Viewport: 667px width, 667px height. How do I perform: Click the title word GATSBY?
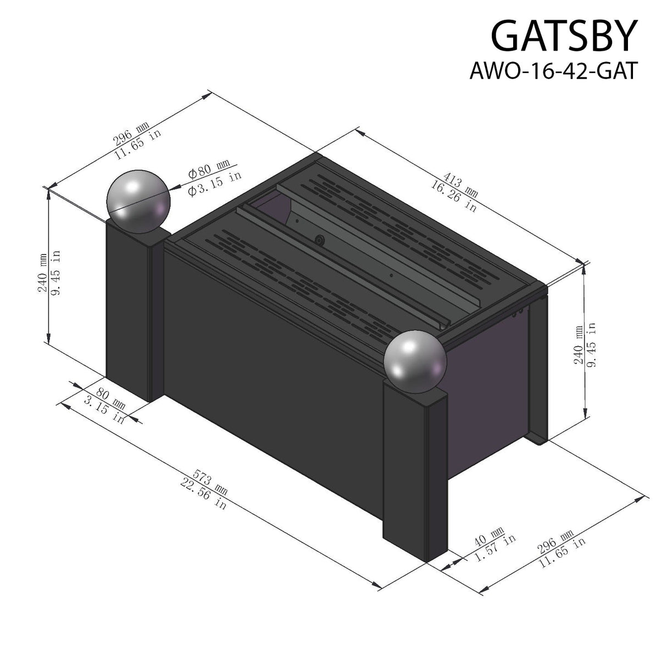point(563,37)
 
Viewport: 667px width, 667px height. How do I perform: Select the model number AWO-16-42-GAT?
point(553,71)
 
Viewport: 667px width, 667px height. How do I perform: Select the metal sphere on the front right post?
point(415,362)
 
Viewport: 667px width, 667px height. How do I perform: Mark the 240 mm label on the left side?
point(43,273)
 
